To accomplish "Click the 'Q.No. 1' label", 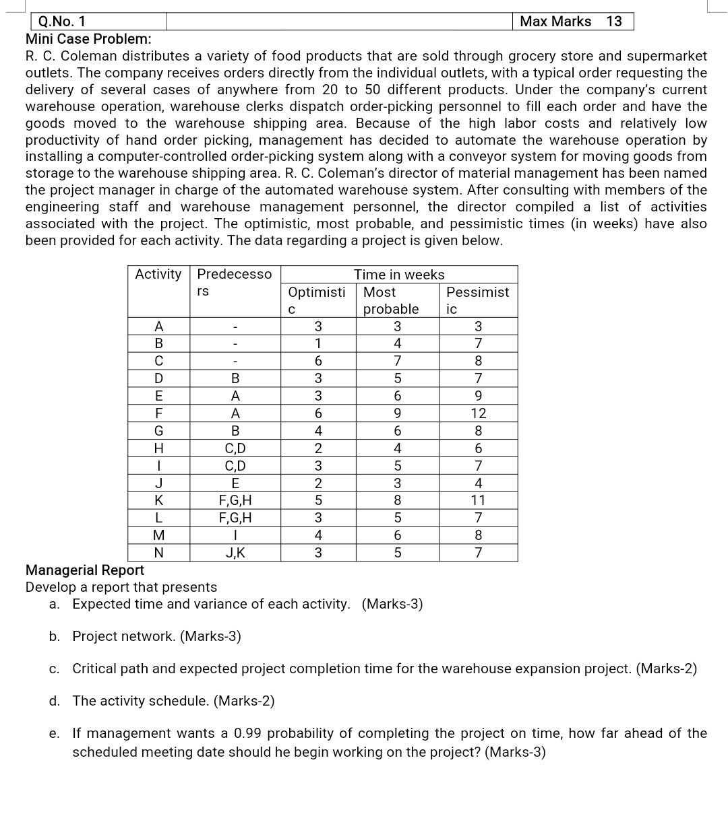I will click(x=62, y=22).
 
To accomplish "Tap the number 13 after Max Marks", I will click(x=613, y=22).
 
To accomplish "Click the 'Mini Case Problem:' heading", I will click(x=88, y=38).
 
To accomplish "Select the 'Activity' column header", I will click(x=158, y=274).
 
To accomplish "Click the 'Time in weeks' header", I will click(x=399, y=275).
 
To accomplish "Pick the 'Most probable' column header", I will click(x=390, y=300).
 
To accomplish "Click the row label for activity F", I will click(x=158, y=413).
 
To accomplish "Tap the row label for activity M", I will click(x=158, y=536).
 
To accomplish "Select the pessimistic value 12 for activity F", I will click(x=478, y=413).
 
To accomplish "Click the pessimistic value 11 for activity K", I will click(x=478, y=500).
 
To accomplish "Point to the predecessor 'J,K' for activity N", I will click(x=235, y=553).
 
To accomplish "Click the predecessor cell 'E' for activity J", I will click(x=235, y=483).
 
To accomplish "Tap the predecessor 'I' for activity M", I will click(x=235, y=536).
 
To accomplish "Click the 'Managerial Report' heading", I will click(x=85, y=570).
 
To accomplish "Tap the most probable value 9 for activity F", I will click(x=397, y=413).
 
